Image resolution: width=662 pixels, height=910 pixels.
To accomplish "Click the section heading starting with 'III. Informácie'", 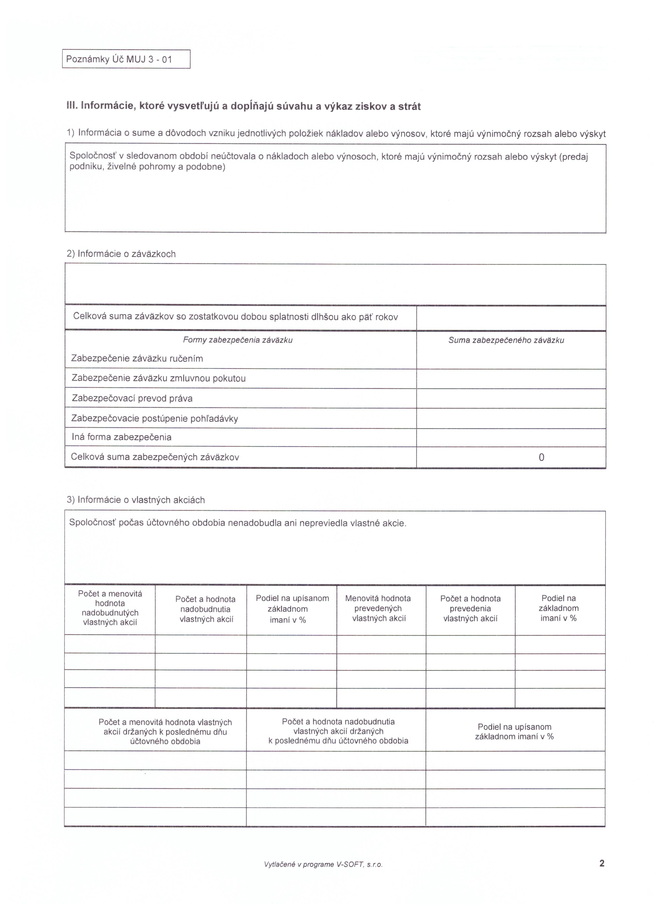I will tap(243, 106).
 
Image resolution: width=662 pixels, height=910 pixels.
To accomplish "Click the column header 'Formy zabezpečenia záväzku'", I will tap(238, 340).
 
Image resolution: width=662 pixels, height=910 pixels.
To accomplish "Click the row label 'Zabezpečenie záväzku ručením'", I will tap(137, 358).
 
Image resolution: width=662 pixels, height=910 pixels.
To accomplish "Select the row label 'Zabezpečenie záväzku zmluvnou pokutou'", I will tap(158, 378).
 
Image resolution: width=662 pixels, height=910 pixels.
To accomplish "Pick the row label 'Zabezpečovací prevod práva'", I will tap(132, 398).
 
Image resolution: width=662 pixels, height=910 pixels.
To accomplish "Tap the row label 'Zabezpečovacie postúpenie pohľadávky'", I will tap(155, 418).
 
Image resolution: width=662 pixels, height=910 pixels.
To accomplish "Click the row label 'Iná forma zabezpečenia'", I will tap(121, 437).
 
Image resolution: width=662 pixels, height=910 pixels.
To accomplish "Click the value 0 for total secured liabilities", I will tap(541, 457).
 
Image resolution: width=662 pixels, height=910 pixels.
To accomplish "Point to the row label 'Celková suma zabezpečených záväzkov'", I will tap(155, 457).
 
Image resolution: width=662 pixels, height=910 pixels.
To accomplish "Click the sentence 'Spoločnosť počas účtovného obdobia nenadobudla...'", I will tap(238, 523).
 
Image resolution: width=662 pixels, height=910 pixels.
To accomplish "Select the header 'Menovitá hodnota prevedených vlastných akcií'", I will tap(378, 608).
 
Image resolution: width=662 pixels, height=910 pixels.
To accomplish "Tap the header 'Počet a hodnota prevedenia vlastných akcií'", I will tap(470, 608).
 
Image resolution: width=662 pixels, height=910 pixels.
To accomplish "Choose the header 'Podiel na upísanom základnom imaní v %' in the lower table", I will tap(514, 731).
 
